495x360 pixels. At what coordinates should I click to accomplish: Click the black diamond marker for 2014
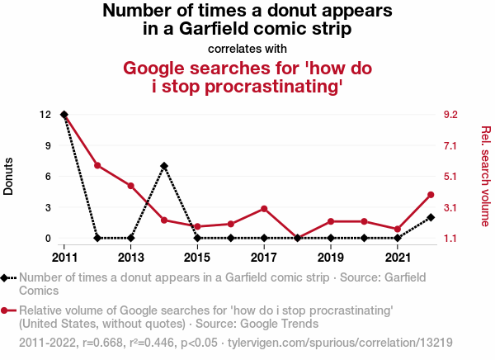coord(164,166)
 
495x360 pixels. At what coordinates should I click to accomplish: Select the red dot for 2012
coord(97,166)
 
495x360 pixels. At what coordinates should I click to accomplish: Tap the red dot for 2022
coord(431,195)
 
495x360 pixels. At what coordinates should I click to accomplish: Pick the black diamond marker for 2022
coord(431,217)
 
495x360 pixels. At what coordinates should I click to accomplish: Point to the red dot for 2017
coord(264,209)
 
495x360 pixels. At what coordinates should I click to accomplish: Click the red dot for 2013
coord(131,186)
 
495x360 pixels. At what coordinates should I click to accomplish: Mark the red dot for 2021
coord(398,230)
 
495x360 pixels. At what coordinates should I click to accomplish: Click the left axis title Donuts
coord(9,176)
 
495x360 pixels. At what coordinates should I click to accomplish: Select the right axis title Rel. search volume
coord(485,176)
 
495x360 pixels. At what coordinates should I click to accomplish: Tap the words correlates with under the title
coord(247,48)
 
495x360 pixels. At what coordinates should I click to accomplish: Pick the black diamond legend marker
coord(7,278)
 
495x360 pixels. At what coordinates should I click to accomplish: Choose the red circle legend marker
coord(7,310)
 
